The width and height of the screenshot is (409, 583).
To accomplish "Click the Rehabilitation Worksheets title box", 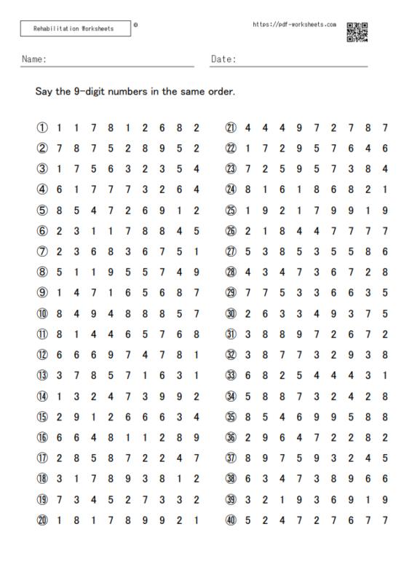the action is [x=76, y=29].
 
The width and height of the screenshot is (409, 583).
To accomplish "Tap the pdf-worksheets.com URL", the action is [x=294, y=24].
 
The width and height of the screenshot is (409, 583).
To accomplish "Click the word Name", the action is [x=34, y=59].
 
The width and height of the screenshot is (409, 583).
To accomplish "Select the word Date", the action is [x=223, y=59].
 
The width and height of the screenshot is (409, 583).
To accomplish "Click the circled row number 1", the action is [x=43, y=128].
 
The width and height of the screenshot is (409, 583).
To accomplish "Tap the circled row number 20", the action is [x=43, y=520].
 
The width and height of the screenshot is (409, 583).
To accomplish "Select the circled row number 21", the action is [x=231, y=128].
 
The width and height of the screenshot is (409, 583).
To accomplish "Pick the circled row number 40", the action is [x=231, y=520].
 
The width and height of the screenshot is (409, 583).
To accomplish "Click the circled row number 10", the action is [x=43, y=314].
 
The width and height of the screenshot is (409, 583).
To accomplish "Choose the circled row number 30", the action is [x=231, y=314].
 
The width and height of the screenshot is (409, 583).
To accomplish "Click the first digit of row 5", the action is [x=59, y=211].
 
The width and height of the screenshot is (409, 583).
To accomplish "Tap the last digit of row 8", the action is [x=196, y=273].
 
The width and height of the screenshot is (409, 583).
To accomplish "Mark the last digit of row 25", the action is [x=385, y=211].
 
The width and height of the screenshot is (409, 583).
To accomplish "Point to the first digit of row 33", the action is [x=248, y=376].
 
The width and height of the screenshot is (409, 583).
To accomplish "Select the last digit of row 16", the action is [x=196, y=438].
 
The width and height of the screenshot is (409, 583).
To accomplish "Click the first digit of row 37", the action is [x=248, y=458].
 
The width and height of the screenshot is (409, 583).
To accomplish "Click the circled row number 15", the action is [x=43, y=417].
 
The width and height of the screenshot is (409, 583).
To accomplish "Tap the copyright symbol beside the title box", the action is [x=136, y=24].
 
